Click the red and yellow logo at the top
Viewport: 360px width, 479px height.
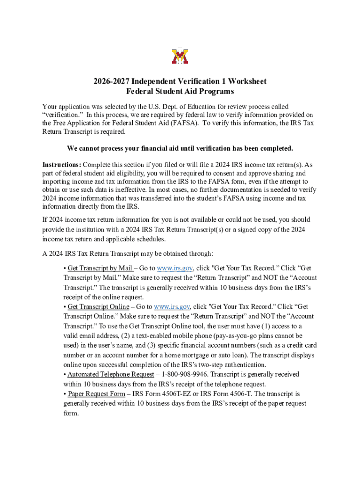[180, 56]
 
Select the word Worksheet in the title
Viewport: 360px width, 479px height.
[246, 81]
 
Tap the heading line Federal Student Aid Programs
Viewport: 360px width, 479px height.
[180, 92]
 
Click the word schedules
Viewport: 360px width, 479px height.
[148, 239]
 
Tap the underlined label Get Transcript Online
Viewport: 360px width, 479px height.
[98, 307]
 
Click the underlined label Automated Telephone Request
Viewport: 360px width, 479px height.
[110, 375]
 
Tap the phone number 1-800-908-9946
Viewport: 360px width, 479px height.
[184, 375]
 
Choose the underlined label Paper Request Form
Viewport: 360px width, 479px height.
[96, 394]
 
